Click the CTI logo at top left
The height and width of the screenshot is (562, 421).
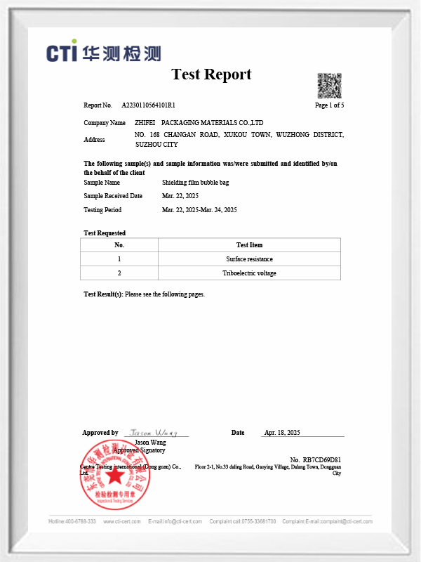[x=104, y=53]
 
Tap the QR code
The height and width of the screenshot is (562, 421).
[x=329, y=84]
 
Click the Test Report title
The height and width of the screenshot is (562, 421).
[x=211, y=74]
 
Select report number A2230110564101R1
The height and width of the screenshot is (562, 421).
[x=148, y=105]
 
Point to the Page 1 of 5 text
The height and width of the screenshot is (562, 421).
[x=329, y=105]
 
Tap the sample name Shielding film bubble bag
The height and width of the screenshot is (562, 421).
[x=196, y=182]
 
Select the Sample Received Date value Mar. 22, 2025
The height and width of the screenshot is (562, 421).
[x=181, y=196]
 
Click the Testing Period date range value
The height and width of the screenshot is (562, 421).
[x=199, y=210]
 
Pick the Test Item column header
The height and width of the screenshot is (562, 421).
[x=249, y=244]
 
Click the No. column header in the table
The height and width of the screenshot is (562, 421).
[x=119, y=244]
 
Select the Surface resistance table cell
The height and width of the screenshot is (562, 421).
[x=249, y=259]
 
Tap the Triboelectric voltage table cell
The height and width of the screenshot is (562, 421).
[x=249, y=273]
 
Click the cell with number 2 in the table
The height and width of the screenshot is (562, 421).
[x=119, y=273]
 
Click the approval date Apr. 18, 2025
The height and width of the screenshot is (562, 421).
[x=282, y=432]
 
